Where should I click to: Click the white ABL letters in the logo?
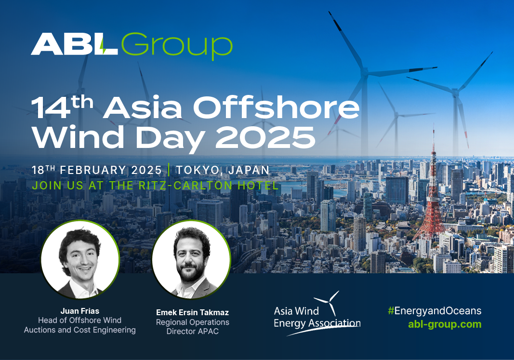(x=74, y=44)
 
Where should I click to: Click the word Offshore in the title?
(x=277, y=107)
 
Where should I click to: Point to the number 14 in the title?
(x=51, y=108)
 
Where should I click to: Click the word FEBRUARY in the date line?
(x=93, y=170)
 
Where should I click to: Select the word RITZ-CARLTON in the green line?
(x=186, y=186)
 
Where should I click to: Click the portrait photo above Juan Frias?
(x=80, y=259)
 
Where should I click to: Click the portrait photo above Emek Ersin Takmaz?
(x=191, y=259)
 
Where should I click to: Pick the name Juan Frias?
(x=79, y=311)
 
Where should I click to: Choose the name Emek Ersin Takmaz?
(x=192, y=312)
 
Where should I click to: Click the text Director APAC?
(x=192, y=331)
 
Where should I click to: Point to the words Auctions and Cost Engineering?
(x=79, y=330)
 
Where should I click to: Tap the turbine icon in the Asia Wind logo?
(x=328, y=302)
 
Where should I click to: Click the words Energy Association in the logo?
(x=317, y=323)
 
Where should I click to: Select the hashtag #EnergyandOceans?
(x=435, y=311)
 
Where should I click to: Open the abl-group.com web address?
(x=445, y=324)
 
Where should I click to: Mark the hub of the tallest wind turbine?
(x=364, y=72)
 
